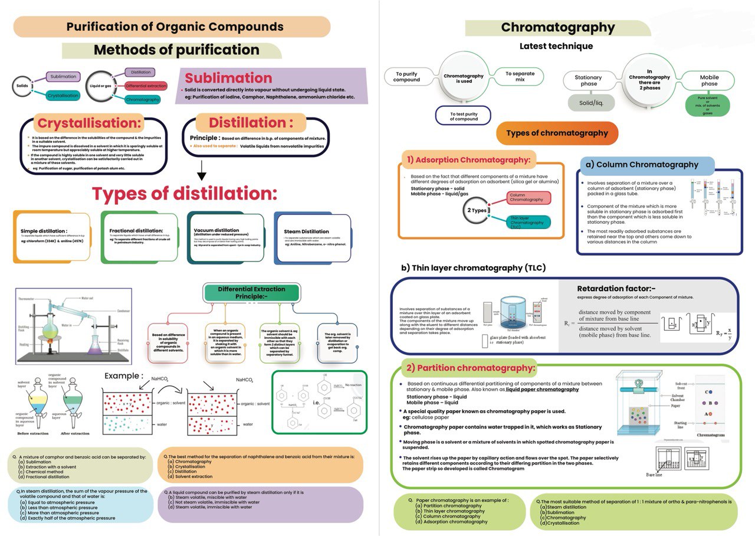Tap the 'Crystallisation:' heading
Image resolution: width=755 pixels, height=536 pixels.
click(90, 123)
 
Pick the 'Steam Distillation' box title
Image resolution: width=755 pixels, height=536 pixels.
click(307, 231)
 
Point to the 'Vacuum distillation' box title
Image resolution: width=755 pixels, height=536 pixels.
click(216, 230)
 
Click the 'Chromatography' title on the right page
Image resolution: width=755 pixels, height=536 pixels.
click(557, 28)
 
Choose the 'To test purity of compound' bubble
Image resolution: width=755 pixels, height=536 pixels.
click(462, 115)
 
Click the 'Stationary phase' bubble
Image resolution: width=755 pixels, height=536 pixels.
click(588, 81)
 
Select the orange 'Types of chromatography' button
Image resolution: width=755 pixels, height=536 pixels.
click(557, 133)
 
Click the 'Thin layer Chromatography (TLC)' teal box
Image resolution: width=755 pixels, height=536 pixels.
click(528, 223)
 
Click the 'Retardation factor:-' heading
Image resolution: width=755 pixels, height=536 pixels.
click(616, 289)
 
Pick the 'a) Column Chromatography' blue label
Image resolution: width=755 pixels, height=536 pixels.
click(646, 165)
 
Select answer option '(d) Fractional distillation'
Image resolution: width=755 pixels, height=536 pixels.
click(44, 476)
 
